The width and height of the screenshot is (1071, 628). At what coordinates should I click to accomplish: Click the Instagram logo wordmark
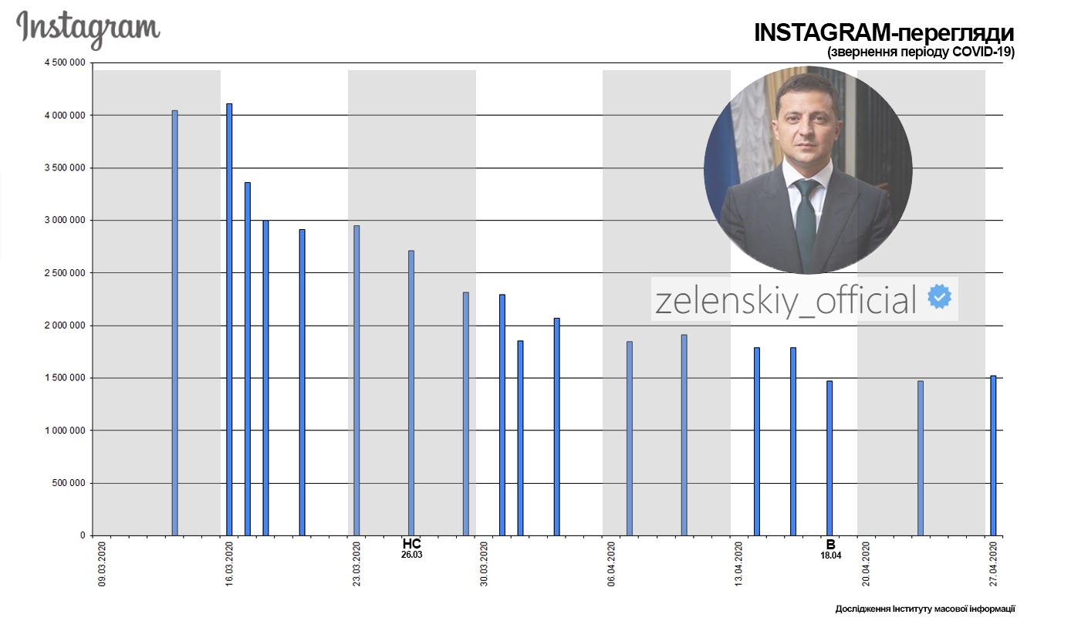pyautogui.click(x=88, y=29)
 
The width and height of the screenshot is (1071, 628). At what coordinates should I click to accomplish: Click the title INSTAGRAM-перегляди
pyautogui.click(x=883, y=33)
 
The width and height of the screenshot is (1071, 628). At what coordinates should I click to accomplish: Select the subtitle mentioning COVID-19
pyautogui.click(x=920, y=52)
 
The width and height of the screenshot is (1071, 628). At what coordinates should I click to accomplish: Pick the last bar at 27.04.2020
pyautogui.click(x=993, y=455)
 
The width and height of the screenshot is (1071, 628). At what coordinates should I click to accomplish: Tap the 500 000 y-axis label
pyautogui.click(x=69, y=484)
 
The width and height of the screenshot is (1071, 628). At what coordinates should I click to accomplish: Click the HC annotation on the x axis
pyautogui.click(x=412, y=543)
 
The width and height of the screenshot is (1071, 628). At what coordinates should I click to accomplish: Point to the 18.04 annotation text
pyautogui.click(x=830, y=555)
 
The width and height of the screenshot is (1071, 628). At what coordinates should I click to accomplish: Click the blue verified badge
pyautogui.click(x=939, y=298)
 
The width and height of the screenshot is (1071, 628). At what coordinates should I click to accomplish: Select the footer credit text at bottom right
pyautogui.click(x=925, y=609)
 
